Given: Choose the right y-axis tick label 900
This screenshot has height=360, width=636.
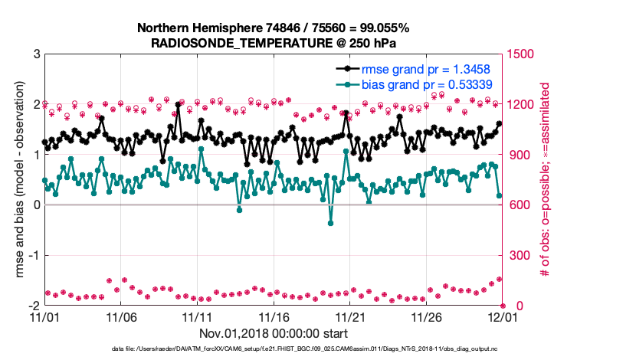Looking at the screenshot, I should coord(520,155).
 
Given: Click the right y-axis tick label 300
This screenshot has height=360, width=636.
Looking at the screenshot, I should coord(520,255).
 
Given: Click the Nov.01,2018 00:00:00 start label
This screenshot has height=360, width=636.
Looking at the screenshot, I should coord(274,333).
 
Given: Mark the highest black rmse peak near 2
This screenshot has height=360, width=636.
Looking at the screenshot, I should coord(178,104).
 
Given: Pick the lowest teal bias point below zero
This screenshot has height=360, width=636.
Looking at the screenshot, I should coord(330,223).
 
